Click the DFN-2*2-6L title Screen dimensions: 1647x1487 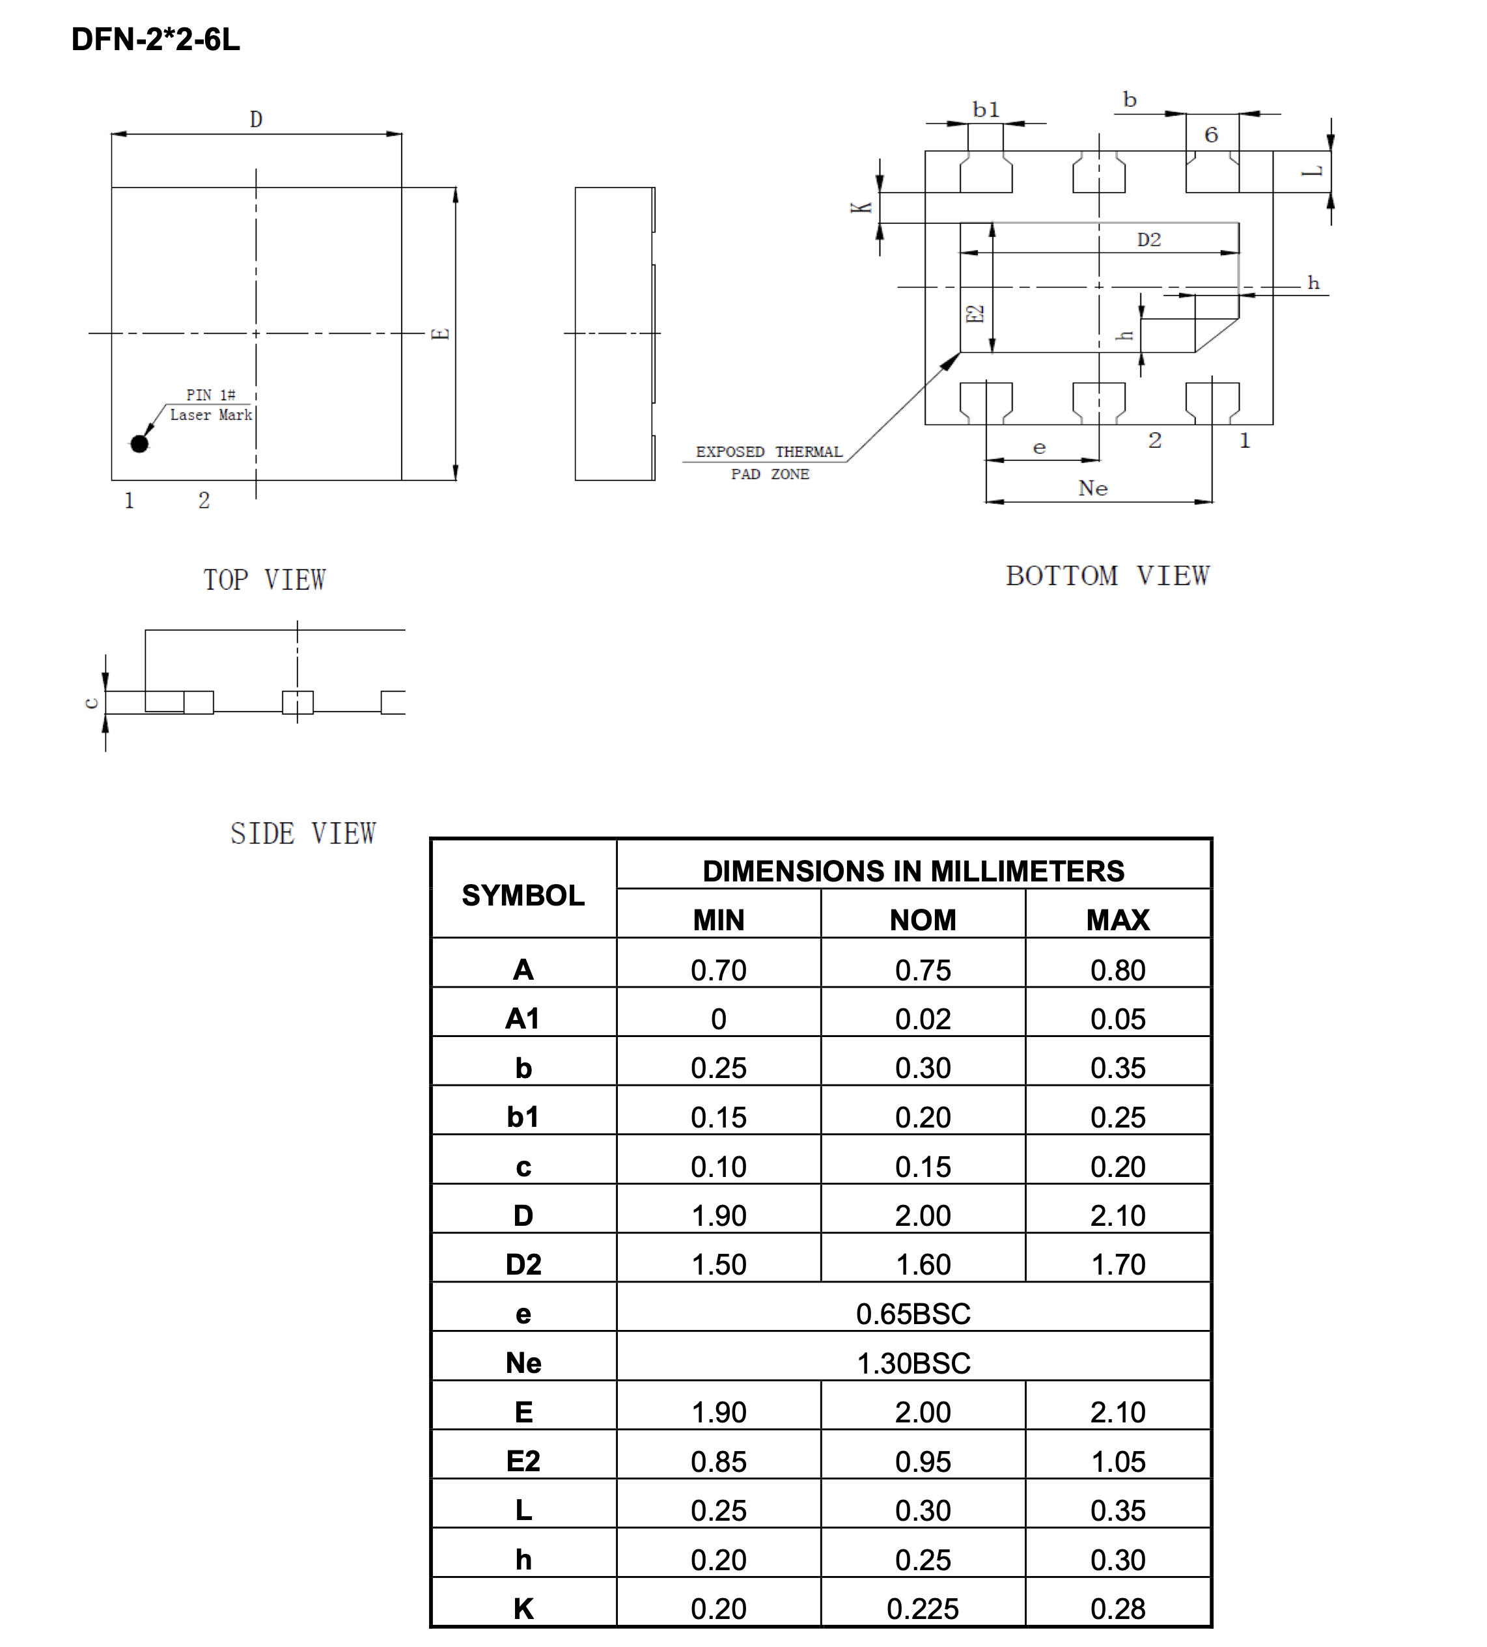click(155, 39)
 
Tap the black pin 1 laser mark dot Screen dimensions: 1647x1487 click(140, 443)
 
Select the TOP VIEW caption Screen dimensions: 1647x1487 click(264, 580)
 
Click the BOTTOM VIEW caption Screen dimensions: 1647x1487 click(1107, 576)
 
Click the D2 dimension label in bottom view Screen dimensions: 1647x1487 click(1148, 240)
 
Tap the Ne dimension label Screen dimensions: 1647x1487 click(1092, 488)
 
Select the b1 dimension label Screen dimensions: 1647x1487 click(985, 109)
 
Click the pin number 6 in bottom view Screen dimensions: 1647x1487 click(1211, 135)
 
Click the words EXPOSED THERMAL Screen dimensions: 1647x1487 click(768, 452)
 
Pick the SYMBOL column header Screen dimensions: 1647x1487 click(523, 895)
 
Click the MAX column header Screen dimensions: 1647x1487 click(1118, 920)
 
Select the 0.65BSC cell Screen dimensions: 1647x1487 click(913, 1314)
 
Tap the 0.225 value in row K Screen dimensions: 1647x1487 click(923, 1609)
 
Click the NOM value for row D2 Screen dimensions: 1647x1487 click(923, 1265)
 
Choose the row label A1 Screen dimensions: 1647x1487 click(523, 1019)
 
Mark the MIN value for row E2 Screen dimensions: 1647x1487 click(718, 1461)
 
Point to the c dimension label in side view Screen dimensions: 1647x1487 click(92, 702)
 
